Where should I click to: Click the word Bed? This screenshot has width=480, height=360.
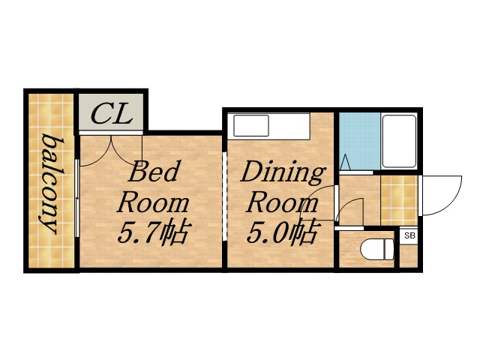tap(154, 173)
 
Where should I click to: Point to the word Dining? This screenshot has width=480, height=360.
tap(282, 173)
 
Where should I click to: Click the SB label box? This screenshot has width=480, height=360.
tap(409, 236)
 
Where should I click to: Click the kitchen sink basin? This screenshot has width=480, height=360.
tap(250, 125)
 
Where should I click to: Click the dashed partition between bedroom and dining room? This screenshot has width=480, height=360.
tap(225, 196)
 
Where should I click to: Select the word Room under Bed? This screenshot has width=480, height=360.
tap(154, 203)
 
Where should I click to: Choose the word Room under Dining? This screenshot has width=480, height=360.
tap(281, 203)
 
